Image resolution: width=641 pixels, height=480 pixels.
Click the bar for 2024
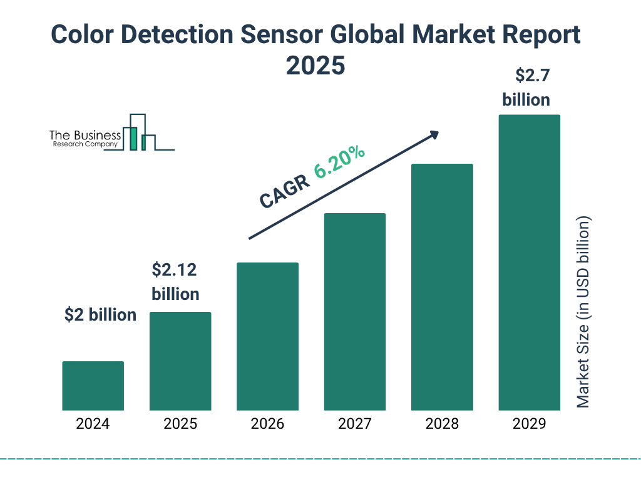pyautogui.click(x=93, y=386)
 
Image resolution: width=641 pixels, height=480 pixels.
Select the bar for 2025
pyautogui.click(x=180, y=361)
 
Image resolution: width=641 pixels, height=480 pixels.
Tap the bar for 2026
pyautogui.click(x=267, y=336)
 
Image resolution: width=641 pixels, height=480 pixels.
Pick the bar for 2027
pyautogui.click(x=354, y=312)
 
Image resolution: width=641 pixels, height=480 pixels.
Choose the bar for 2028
pyautogui.click(x=442, y=287)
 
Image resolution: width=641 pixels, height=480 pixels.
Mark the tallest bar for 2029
pyautogui.click(x=529, y=262)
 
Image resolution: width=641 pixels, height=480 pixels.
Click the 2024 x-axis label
pyautogui.click(x=93, y=424)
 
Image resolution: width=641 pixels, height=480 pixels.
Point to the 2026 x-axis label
pyautogui.click(x=267, y=424)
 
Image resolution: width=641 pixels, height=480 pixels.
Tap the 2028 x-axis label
pyautogui.click(x=442, y=424)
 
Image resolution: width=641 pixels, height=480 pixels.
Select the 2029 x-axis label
pyautogui.click(x=529, y=424)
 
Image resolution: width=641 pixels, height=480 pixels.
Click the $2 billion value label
pyautogui.click(x=100, y=315)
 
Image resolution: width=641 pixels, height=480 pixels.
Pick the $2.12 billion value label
pyautogui.click(x=175, y=282)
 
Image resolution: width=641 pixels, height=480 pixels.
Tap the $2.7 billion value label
pyautogui.click(x=526, y=87)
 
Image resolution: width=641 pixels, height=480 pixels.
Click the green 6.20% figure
pyautogui.click(x=340, y=162)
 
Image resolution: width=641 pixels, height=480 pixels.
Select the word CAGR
pyautogui.click(x=284, y=191)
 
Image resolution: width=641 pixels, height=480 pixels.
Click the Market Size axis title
pyautogui.click(x=583, y=312)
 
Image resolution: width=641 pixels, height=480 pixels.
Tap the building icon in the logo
pyautogui.click(x=139, y=133)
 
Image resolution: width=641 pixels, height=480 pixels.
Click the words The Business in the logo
pyautogui.click(x=85, y=135)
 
